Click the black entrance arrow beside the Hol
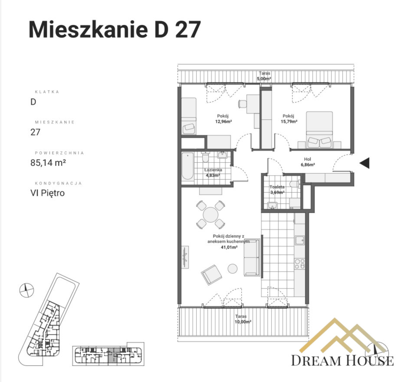364,163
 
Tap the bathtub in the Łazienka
187,166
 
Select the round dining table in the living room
210,215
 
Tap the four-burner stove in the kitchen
300,264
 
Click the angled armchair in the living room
211,275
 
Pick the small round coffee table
233,269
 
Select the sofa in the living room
252,257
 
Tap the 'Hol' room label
308,159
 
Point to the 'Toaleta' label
277,187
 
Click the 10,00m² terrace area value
243,322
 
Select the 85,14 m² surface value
48,163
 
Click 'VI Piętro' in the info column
48,193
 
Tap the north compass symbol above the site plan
26,290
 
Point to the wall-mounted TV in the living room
185,257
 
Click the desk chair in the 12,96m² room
242,104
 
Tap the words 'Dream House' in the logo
342,360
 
